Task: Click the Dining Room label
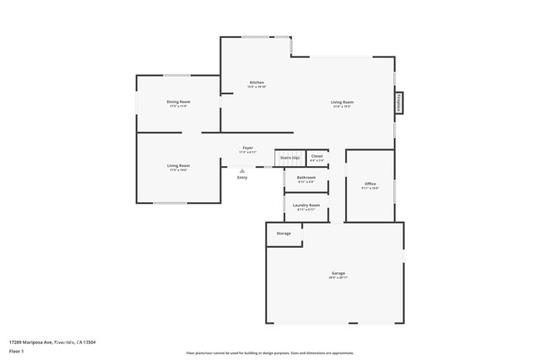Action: pyautogui.click(x=178, y=102)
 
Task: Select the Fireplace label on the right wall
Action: pyautogui.click(x=400, y=102)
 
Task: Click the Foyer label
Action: pyautogui.click(x=247, y=148)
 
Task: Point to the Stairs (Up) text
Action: pyautogui.click(x=289, y=157)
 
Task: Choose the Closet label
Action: pyautogui.click(x=316, y=156)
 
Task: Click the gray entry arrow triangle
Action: pyautogui.click(x=242, y=171)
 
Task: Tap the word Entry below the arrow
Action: pyautogui.click(x=242, y=178)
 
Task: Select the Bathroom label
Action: pyautogui.click(x=305, y=177)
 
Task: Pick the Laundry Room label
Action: pyautogui.click(x=305, y=205)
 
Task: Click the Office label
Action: pyautogui.click(x=370, y=183)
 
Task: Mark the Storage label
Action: pyautogui.click(x=283, y=233)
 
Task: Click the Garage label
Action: pyautogui.click(x=337, y=273)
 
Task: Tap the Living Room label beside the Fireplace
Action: pyautogui.click(x=342, y=102)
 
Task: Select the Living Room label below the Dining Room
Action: pyautogui.click(x=178, y=165)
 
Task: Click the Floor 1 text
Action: pyautogui.click(x=16, y=350)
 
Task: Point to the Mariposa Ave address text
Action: pyautogui.click(x=52, y=342)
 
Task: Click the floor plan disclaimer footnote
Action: pyautogui.click(x=269, y=353)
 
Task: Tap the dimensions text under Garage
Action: pyautogui.click(x=337, y=278)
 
